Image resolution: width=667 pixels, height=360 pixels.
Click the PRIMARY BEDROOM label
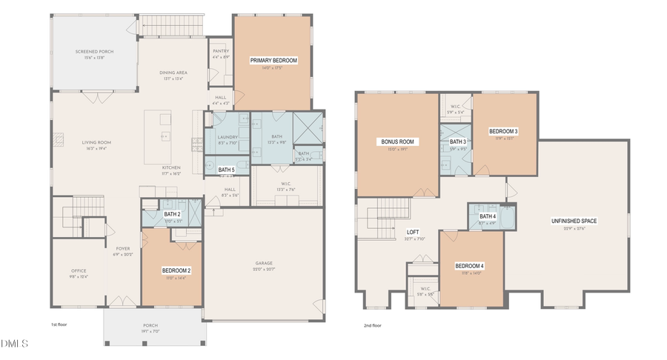273,61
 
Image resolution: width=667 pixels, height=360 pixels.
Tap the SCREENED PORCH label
93,52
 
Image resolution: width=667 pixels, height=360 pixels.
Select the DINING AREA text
173,73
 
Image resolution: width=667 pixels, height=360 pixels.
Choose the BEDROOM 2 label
176,270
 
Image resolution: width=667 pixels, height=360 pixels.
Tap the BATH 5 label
227,170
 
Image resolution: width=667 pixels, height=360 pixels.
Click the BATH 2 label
173,215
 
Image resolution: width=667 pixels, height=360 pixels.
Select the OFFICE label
79,271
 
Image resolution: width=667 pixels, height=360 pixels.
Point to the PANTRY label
220,51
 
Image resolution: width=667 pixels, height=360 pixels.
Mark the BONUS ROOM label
397,141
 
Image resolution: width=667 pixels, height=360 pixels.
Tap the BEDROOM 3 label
503,132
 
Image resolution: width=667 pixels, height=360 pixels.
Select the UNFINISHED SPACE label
574,221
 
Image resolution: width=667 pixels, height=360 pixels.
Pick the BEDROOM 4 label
469,266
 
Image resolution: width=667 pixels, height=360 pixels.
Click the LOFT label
413,232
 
